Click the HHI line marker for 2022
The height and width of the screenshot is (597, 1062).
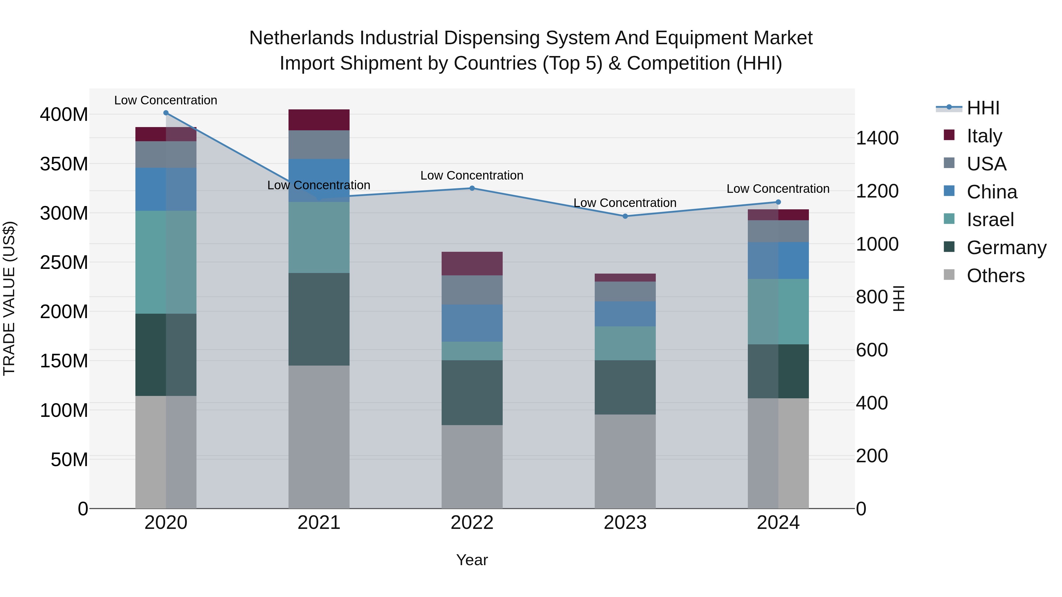pyautogui.click(x=472, y=188)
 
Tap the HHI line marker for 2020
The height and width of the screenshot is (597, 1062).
pyautogui.click(x=166, y=113)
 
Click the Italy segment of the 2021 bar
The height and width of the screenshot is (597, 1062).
pyautogui.click(x=319, y=120)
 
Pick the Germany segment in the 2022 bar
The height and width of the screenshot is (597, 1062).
pyautogui.click(x=472, y=393)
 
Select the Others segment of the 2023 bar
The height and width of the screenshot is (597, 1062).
pyautogui.click(x=625, y=461)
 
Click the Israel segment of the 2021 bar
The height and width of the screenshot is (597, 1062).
pyautogui.click(x=319, y=237)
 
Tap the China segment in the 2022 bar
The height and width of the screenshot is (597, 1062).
pyautogui.click(x=472, y=323)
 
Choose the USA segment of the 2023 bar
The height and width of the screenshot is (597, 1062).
pyautogui.click(x=625, y=291)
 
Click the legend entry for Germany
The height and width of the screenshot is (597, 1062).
pyautogui.click(x=1006, y=248)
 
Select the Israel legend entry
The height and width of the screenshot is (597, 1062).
pyautogui.click(x=990, y=220)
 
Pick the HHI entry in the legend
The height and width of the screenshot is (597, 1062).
pyautogui.click(x=983, y=108)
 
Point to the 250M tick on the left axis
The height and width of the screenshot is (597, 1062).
pyautogui.click(x=64, y=262)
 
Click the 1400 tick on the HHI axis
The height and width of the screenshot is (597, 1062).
pyautogui.click(x=877, y=138)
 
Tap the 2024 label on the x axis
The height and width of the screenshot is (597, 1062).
pyautogui.click(x=778, y=523)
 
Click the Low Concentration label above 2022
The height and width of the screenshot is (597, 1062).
pyautogui.click(x=472, y=175)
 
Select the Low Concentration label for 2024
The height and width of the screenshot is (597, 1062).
pyautogui.click(x=778, y=189)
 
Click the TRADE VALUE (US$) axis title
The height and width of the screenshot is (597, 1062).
pyautogui.click(x=9, y=299)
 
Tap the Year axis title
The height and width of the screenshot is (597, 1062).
pyautogui.click(x=472, y=560)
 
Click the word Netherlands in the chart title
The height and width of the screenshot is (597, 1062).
pyautogui.click(x=301, y=38)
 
